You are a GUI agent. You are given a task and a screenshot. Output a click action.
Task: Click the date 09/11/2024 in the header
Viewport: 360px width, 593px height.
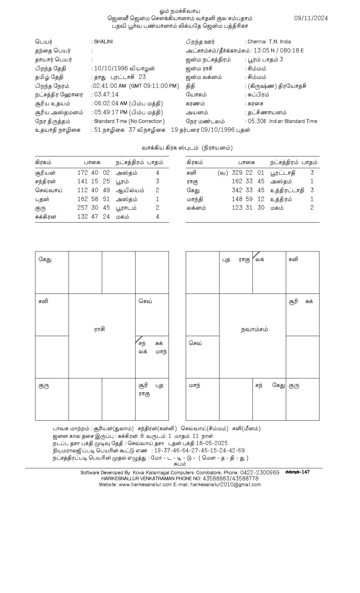(x=311, y=18)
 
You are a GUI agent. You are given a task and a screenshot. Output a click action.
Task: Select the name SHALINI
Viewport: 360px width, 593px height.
(x=103, y=42)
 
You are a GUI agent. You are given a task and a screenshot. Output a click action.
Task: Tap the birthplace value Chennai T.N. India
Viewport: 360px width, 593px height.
(x=269, y=42)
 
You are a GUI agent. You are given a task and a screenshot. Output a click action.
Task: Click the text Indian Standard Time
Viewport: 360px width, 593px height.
(x=293, y=121)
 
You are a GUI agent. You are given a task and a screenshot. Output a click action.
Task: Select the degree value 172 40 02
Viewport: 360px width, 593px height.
(x=93, y=173)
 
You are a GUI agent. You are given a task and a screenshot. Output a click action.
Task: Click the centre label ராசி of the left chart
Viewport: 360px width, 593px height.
(x=99, y=330)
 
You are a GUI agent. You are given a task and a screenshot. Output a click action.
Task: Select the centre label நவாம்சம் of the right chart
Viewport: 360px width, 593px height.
(x=254, y=330)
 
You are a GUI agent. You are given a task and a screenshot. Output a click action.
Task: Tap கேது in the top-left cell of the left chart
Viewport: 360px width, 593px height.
(x=45, y=260)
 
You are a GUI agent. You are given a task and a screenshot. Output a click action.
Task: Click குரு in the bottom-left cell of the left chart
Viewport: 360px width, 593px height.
(x=44, y=386)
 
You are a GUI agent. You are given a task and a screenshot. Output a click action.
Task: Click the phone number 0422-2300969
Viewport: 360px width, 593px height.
(x=260, y=473)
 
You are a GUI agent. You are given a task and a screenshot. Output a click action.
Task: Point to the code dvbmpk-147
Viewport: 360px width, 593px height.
(x=297, y=472)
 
